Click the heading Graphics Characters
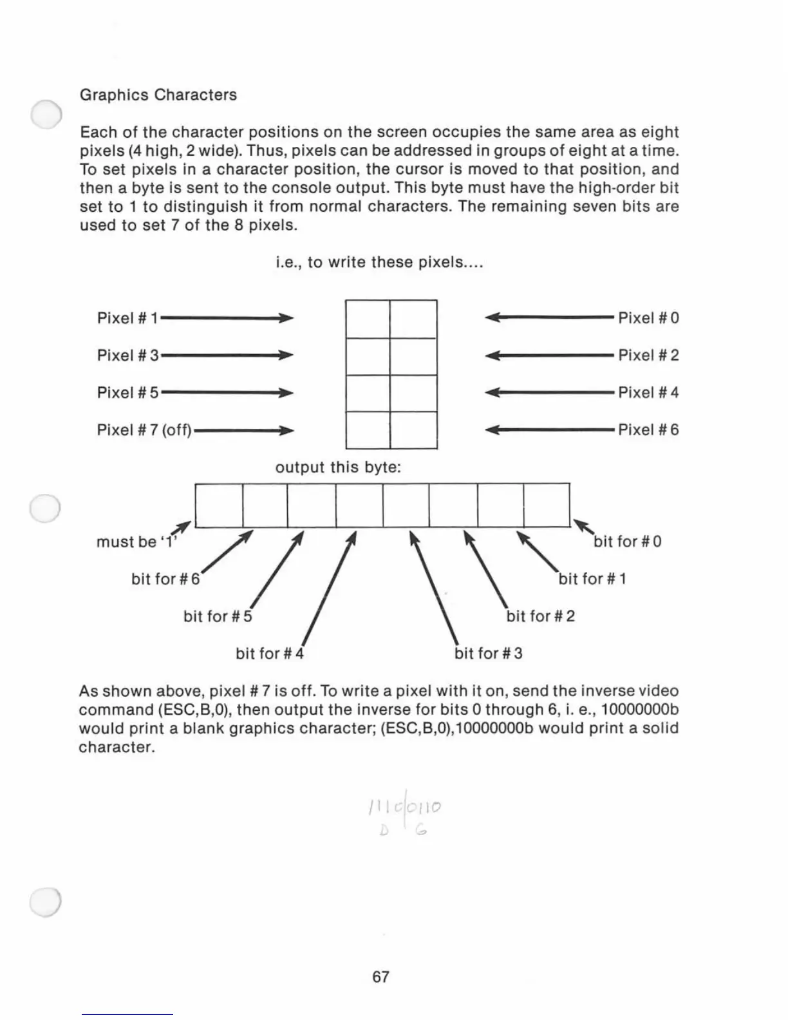coord(158,95)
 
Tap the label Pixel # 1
coord(127,318)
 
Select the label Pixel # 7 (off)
coord(144,430)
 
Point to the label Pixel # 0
coord(648,318)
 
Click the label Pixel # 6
coord(648,430)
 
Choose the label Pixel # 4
coord(648,392)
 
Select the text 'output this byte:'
coord(338,467)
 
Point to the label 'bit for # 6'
coord(165,579)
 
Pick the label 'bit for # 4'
coord(269,654)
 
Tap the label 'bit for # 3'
coord(489,654)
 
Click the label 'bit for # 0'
coord(628,542)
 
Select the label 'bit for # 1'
coord(592,579)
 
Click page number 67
coord(380,977)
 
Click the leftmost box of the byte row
coord(219,505)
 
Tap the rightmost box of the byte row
coord(547,505)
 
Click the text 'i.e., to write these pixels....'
coord(379,263)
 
